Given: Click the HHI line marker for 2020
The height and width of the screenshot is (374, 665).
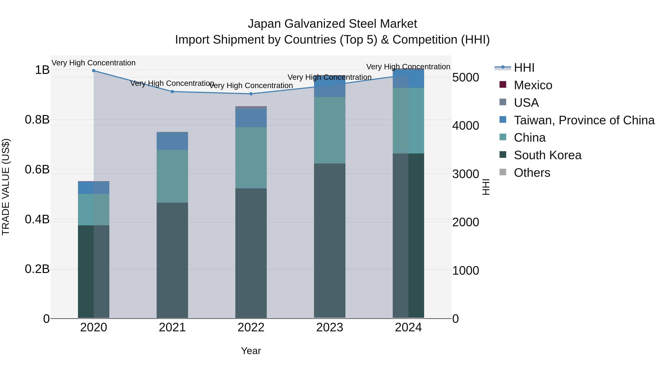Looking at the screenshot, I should pyautogui.click(x=94, y=71).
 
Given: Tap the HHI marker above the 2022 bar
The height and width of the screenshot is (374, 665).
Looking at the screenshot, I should pyautogui.click(x=251, y=94).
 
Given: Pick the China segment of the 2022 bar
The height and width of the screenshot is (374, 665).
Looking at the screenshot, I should pyautogui.click(x=251, y=158).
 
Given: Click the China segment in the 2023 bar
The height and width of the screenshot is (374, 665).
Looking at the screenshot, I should pyautogui.click(x=330, y=130).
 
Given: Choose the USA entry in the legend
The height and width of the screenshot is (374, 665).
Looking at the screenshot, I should pyautogui.click(x=526, y=103).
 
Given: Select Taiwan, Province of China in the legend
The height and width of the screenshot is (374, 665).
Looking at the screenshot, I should pyautogui.click(x=584, y=120).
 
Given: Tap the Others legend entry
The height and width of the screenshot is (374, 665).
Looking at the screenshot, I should pyautogui.click(x=532, y=173).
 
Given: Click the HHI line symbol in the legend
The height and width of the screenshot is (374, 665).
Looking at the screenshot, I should pyautogui.click(x=503, y=68).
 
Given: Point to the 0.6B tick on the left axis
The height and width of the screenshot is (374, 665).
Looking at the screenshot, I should pyautogui.click(x=37, y=170).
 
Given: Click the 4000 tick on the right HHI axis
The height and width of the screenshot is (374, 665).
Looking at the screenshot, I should pyautogui.click(x=465, y=126).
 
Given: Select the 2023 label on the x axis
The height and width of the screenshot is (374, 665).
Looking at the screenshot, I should pyautogui.click(x=330, y=327).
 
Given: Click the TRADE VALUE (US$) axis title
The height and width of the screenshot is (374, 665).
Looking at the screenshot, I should pyautogui.click(x=6, y=187).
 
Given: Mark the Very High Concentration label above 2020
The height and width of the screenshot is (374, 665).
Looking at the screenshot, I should pyautogui.click(x=94, y=63).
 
